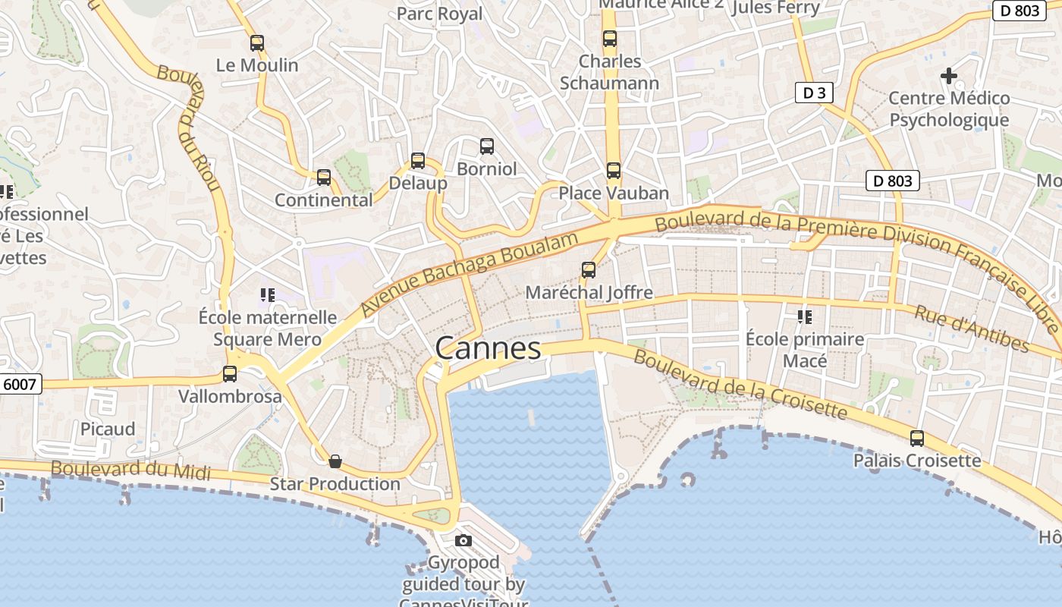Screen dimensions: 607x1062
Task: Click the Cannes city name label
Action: point(488,348)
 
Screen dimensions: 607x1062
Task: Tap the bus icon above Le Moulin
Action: point(257,43)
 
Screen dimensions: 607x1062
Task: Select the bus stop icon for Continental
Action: point(324,178)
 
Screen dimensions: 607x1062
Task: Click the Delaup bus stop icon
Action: point(418,161)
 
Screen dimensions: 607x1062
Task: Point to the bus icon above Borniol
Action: point(487,146)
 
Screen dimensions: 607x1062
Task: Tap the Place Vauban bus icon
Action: point(614,171)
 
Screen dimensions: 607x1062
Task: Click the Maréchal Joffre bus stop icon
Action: point(589,270)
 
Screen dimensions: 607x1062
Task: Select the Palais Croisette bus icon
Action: point(917,439)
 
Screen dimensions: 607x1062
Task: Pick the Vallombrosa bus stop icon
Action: point(230,374)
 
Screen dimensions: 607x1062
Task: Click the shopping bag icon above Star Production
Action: point(335,461)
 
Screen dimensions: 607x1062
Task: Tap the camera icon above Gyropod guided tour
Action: point(463,541)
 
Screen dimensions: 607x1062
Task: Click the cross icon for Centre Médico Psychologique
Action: point(949,76)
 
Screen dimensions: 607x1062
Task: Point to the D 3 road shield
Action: point(814,93)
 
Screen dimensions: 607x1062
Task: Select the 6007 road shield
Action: point(20,384)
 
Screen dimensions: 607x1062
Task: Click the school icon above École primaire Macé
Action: point(805,316)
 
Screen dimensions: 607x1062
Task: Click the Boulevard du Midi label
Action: point(130,470)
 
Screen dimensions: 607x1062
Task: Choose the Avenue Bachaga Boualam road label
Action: point(470,275)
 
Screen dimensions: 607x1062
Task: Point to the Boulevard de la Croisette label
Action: point(740,384)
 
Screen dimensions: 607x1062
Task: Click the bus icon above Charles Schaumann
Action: point(610,39)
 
